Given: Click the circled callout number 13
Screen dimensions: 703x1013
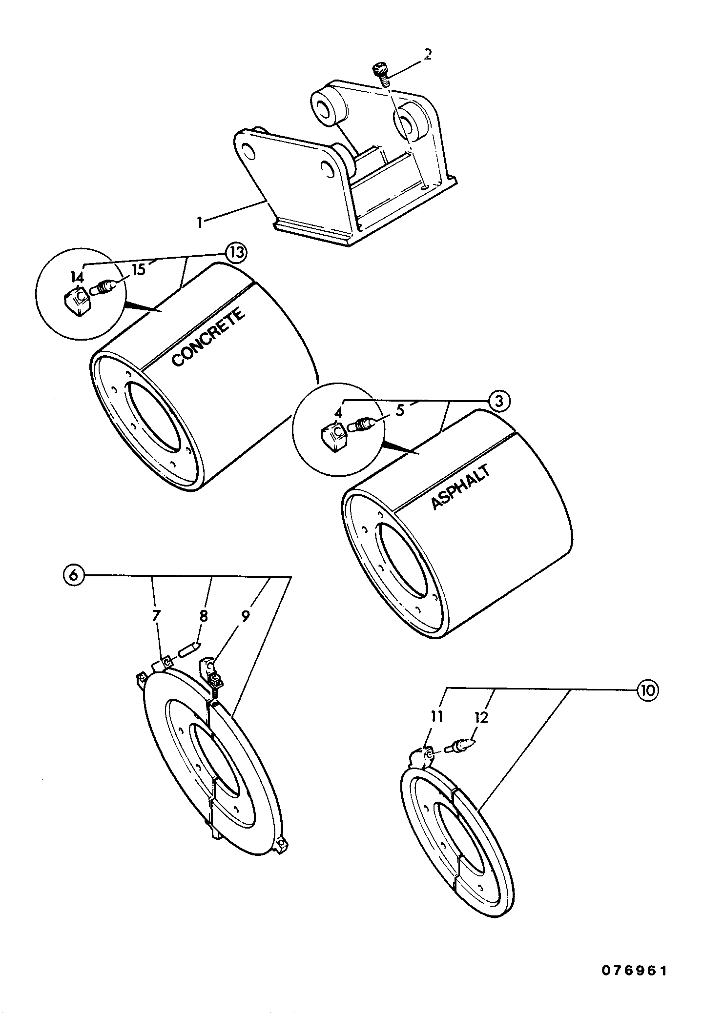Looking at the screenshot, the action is tap(236, 253).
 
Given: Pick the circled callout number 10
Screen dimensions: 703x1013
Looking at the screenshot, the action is tap(646, 690).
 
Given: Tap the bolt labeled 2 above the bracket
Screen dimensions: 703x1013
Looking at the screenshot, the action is tap(381, 74).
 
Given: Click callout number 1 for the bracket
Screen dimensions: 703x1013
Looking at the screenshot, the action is tap(199, 222).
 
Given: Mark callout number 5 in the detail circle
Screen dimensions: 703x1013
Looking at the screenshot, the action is tap(400, 411).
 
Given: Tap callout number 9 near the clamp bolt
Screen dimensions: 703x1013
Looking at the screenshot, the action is tap(245, 616).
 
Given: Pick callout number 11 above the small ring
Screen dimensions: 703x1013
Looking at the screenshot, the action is tap(436, 716).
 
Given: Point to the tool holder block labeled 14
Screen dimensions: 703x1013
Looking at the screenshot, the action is tap(77, 302).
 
